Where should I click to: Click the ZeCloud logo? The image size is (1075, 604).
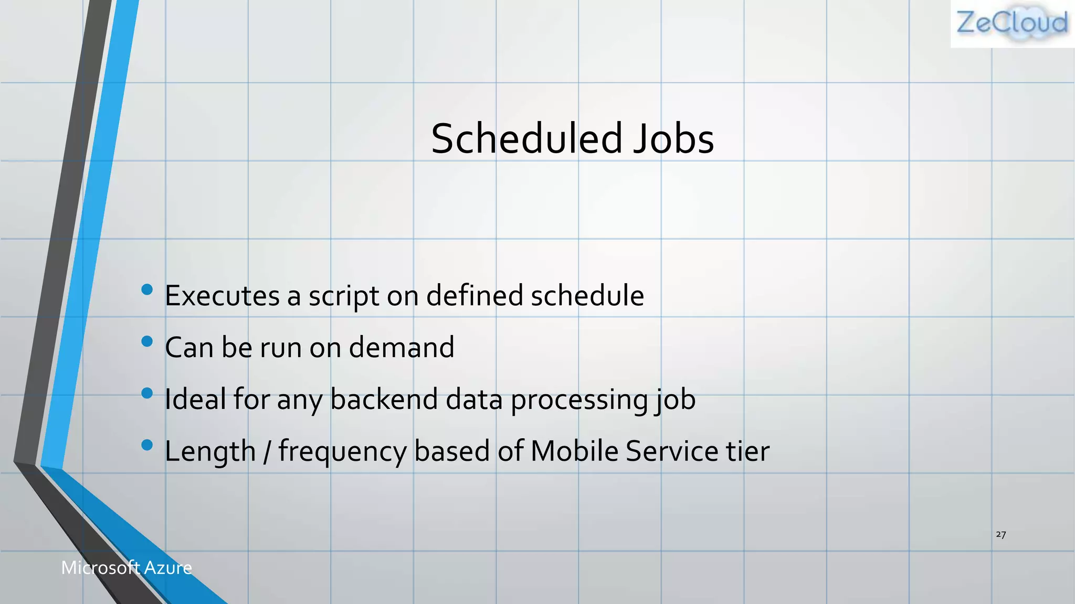1012,24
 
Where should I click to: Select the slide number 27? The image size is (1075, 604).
1000,534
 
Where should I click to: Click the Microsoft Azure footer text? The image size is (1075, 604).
127,567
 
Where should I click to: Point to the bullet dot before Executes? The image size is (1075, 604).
147,289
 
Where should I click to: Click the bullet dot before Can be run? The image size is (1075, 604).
147,341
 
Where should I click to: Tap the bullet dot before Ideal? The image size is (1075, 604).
147,393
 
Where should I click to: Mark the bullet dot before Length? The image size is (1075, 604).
147,445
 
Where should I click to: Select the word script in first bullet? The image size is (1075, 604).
343,296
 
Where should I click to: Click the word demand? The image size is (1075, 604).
402,347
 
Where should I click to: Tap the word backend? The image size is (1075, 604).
384,399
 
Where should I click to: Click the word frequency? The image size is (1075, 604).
342,452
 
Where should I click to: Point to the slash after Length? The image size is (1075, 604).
267,451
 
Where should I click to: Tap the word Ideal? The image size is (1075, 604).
195,399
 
